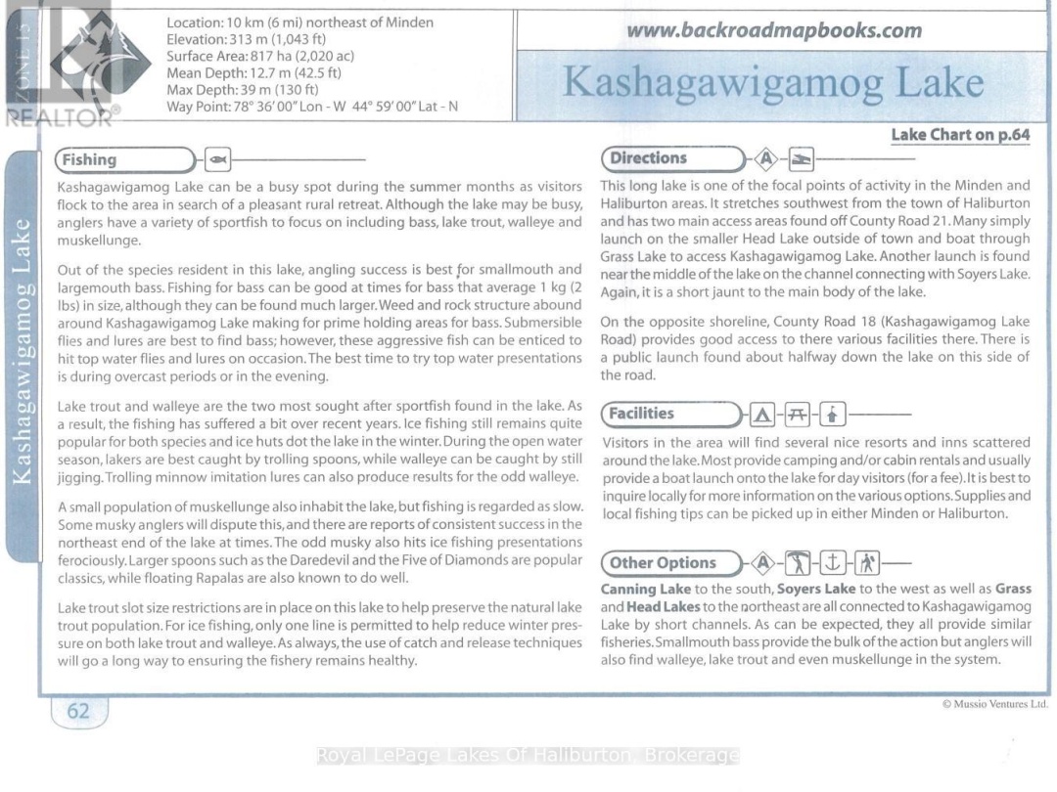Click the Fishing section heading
89,159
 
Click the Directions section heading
648,157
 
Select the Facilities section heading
642,414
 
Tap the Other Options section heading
664,563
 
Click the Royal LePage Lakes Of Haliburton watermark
528,756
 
